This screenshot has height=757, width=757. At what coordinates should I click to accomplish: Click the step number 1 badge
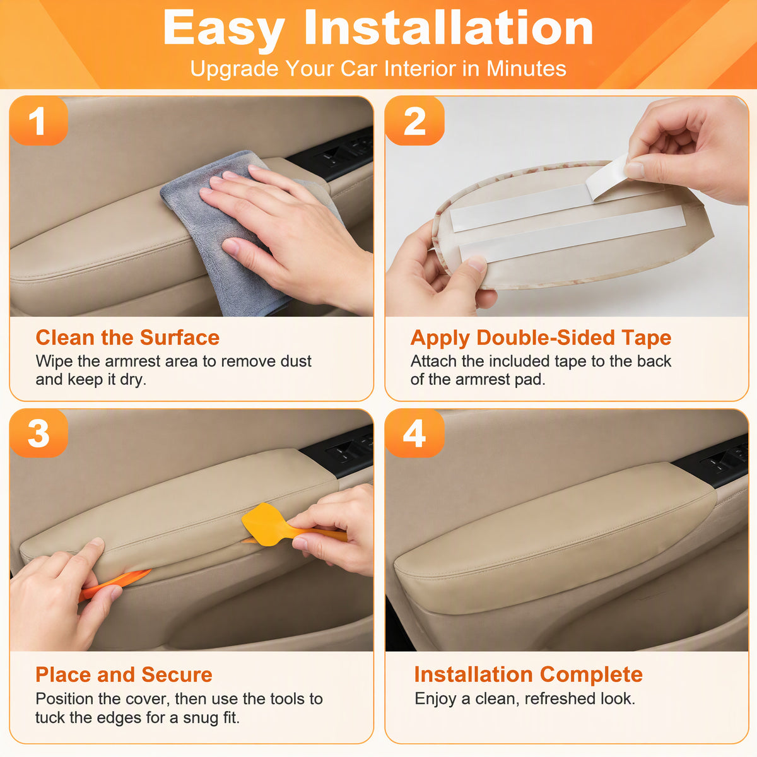click(38, 120)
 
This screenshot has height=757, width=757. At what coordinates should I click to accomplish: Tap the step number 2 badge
click(414, 120)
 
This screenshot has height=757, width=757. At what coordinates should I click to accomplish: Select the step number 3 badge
click(38, 433)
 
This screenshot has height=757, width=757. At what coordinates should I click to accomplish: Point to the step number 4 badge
click(414, 433)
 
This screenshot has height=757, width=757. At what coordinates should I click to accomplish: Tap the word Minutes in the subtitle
click(526, 68)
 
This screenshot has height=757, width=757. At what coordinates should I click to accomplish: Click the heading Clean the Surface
click(127, 337)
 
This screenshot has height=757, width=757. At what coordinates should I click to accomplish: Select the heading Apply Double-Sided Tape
click(541, 338)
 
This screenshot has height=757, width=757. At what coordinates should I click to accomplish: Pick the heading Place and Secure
click(124, 674)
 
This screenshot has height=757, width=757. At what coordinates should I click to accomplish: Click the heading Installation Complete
click(529, 674)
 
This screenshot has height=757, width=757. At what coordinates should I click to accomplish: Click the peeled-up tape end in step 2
click(607, 177)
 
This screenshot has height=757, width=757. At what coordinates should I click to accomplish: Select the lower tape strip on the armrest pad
click(572, 234)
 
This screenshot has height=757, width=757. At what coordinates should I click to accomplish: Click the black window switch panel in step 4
click(713, 461)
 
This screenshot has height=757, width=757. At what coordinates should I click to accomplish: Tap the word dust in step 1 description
click(296, 361)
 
